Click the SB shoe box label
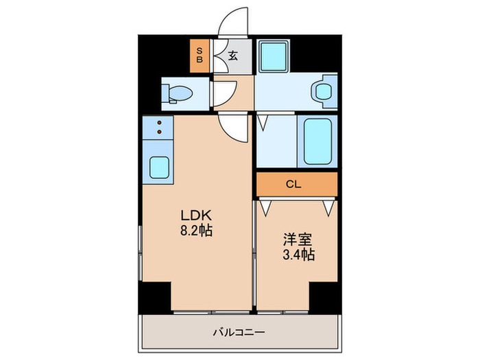tap(200, 56)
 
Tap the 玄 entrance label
tap(232, 57)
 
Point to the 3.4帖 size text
tap(298, 255)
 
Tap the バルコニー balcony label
tap(239, 333)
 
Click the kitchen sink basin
tap(160, 167)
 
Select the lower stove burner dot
tap(160, 131)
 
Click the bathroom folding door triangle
tap(263, 123)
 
